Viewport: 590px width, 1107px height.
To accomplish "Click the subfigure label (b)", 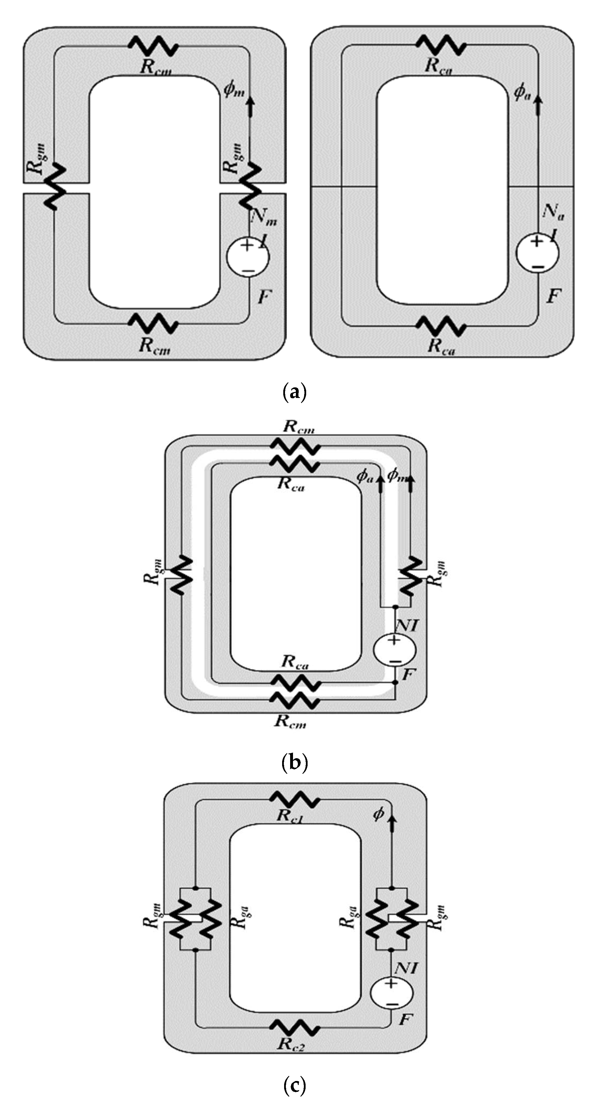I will [x=294, y=763].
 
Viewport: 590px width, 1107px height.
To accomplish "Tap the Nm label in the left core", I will [x=264, y=216].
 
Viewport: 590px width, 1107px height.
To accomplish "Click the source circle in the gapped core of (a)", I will [x=248, y=257].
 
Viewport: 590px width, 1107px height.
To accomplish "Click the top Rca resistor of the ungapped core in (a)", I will [x=441, y=45].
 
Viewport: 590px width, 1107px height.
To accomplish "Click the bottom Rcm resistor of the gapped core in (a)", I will [x=154, y=323].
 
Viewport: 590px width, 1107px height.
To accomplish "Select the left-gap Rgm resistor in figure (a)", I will [x=56, y=188].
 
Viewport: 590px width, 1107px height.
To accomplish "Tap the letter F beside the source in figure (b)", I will [x=408, y=675].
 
